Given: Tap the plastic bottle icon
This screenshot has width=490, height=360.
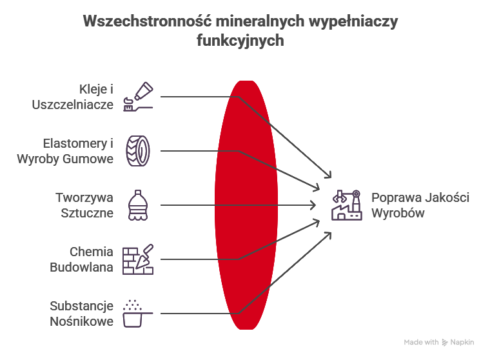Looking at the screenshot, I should [137, 205].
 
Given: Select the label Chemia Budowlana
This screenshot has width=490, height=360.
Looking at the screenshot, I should [91, 259].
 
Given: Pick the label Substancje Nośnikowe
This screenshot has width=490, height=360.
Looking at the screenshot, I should [82, 314].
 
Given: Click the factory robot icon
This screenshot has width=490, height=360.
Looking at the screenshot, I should [346, 205].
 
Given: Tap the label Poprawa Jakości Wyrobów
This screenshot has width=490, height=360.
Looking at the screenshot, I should [420, 205].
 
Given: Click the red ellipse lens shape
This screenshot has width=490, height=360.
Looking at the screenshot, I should [245, 205].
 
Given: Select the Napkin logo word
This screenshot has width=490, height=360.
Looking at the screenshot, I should [462, 342].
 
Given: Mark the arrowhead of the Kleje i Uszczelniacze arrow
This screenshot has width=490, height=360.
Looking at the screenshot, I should [329, 176].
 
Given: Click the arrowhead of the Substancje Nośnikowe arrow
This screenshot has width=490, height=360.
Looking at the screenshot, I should [329, 234].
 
